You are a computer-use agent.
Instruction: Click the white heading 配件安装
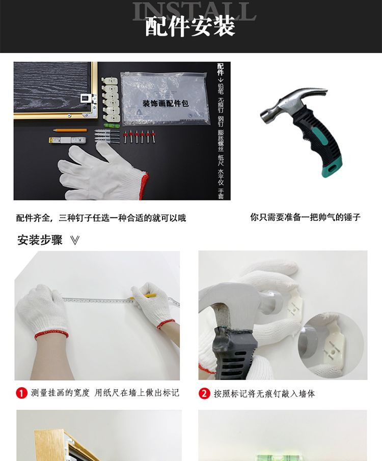[190, 26]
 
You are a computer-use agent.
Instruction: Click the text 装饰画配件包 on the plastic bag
[166, 103]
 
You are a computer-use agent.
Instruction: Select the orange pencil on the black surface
[70, 130]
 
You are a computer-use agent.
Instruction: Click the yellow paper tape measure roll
[67, 140]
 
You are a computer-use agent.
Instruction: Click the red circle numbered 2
[204, 393]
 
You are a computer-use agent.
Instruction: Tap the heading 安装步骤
[40, 240]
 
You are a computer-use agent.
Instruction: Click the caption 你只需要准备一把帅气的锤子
[306, 217]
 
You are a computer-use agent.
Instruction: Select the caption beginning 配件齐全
[101, 218]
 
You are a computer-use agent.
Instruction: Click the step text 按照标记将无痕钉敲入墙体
[264, 393]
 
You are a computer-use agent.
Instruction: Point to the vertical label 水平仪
[221, 177]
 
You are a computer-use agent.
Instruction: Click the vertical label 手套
[221, 194]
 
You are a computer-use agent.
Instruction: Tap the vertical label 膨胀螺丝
[221, 140]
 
